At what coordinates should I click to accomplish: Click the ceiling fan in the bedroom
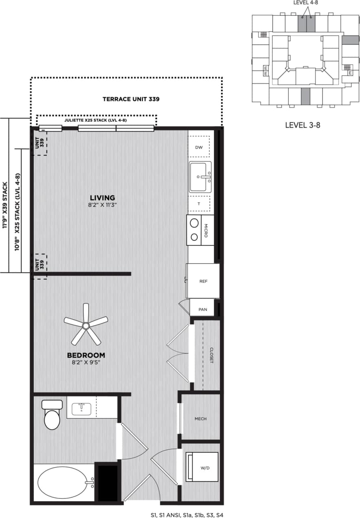(86, 325)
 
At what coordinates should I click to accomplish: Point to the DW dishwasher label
(199, 148)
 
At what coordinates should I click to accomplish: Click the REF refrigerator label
(204, 281)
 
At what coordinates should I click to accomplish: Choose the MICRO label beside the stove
(206, 230)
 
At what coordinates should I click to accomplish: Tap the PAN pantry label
(203, 309)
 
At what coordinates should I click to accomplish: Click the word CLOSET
(211, 355)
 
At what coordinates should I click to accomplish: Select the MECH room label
(200, 419)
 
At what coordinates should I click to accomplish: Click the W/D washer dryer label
(205, 468)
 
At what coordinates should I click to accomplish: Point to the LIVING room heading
(103, 198)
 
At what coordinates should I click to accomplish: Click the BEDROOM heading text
(86, 355)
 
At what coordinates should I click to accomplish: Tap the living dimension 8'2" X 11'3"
(103, 205)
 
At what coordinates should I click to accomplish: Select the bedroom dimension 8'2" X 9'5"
(86, 362)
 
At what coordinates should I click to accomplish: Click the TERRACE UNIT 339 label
(131, 99)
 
